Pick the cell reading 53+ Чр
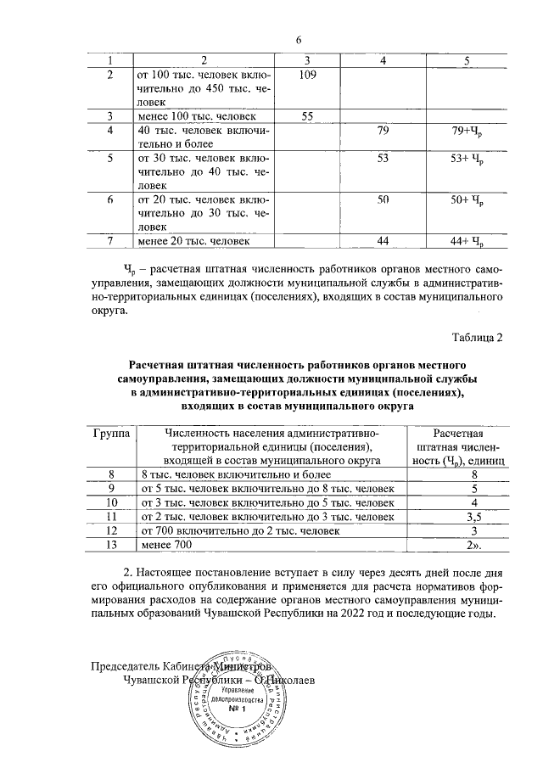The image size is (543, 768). (x=467, y=159)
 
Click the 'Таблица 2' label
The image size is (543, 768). (x=476, y=338)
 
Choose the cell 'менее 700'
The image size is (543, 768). (x=166, y=543)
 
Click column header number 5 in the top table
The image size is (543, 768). (x=467, y=59)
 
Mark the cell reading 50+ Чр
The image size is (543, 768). (x=467, y=200)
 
